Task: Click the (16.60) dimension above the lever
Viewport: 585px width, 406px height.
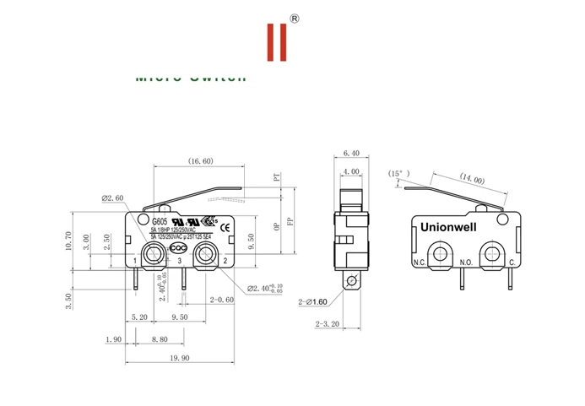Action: click(x=200, y=160)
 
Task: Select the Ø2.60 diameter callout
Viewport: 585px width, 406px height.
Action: click(x=112, y=198)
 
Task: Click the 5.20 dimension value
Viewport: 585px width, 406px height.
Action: click(x=139, y=318)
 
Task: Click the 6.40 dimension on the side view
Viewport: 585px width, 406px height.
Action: click(x=351, y=153)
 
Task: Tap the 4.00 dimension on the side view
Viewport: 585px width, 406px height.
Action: click(x=351, y=172)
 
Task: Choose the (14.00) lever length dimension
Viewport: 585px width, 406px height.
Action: click(x=472, y=179)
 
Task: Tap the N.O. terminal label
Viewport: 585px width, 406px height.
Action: click(x=465, y=262)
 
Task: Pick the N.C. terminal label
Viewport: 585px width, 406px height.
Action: click(x=420, y=262)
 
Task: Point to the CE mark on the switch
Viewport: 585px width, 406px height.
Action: click(x=225, y=228)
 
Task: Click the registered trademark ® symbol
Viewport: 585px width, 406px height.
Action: click(x=294, y=18)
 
